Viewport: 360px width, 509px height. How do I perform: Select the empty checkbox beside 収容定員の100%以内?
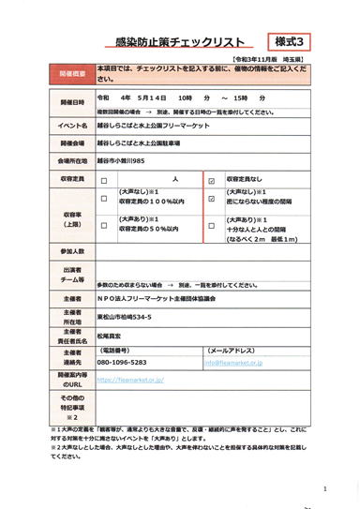[104, 199]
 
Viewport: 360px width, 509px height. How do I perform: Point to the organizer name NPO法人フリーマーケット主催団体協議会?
[160, 297]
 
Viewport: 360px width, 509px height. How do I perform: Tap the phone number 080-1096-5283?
[128, 362]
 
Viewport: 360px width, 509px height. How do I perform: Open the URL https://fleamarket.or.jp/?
[130, 380]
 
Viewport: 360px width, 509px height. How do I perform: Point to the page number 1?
[324, 488]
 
